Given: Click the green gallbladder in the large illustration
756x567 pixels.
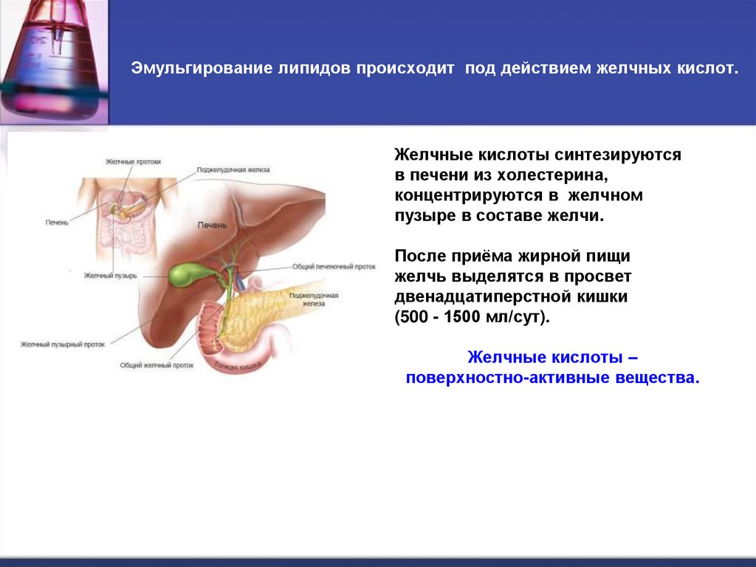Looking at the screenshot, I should pos(184,274).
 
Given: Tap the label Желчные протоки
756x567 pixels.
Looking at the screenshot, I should pos(133,161).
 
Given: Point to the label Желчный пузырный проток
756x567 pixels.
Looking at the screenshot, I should pos(63,344).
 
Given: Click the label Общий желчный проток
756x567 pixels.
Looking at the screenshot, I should pos(157,364).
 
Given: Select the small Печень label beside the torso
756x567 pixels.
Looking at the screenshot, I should pos(56,223).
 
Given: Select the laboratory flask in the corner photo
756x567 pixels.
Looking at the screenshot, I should pos(52,59).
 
